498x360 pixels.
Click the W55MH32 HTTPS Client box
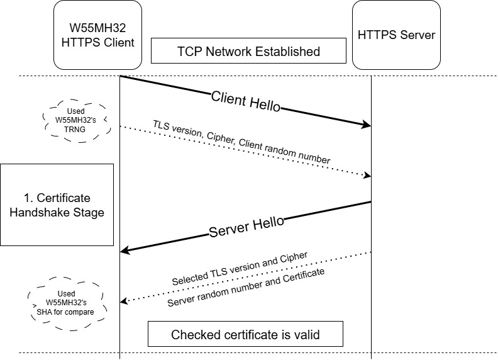pyautogui.click(x=94, y=35)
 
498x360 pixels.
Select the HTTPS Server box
pyautogui.click(x=396, y=35)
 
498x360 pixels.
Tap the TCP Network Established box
pyautogui.click(x=248, y=51)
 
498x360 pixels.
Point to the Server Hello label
pyautogui.click(x=246, y=227)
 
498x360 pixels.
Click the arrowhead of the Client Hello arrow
pyautogui.click(x=366, y=126)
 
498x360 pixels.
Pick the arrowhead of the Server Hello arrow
pyautogui.click(x=125, y=250)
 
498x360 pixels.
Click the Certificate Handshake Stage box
pyautogui.click(x=57, y=205)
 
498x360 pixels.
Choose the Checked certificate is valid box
pyautogui.click(x=245, y=334)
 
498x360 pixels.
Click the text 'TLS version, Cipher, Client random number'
pyautogui.click(x=241, y=142)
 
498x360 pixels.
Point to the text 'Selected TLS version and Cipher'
pyautogui.click(x=240, y=267)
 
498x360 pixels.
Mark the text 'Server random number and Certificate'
pyautogui.click(x=246, y=287)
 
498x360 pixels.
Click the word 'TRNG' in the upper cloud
pyautogui.click(x=75, y=129)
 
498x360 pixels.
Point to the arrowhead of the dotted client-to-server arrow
pyautogui.click(x=367, y=174)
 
